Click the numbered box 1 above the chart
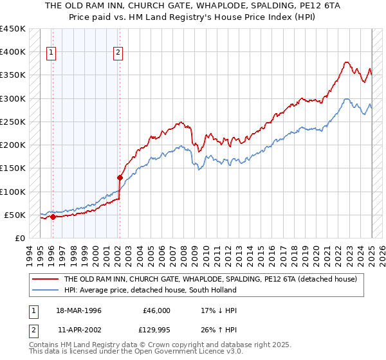[51, 54]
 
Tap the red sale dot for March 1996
[53, 217]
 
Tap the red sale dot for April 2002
[120, 177]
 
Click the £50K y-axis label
[14, 215]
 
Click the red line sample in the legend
[45, 279]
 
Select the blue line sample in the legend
[45, 290]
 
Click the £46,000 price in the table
[156, 310]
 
